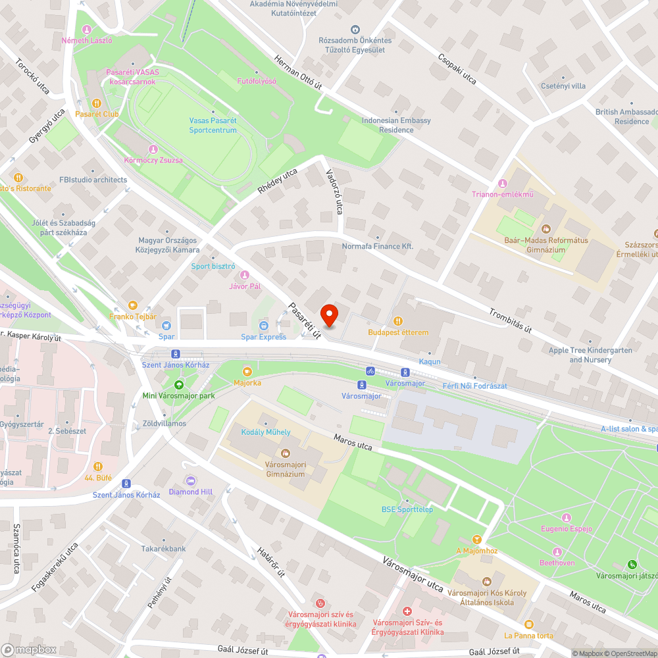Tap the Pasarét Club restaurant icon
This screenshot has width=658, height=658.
(x=97, y=103)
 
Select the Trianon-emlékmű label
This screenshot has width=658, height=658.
(x=503, y=194)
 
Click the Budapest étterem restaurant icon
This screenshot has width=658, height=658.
(x=398, y=321)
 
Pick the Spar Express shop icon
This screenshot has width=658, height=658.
(x=264, y=326)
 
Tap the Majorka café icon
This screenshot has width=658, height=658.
(x=247, y=372)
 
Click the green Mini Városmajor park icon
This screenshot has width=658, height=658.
(x=178, y=385)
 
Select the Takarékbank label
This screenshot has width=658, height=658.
(x=163, y=549)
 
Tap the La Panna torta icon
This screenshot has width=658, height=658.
(x=528, y=624)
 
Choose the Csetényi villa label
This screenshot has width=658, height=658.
(x=563, y=86)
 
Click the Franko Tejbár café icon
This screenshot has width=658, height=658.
(x=133, y=305)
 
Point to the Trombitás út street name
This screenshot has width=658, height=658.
(x=510, y=320)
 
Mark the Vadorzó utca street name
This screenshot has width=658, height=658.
(x=334, y=191)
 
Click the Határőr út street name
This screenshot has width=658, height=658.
(x=270, y=563)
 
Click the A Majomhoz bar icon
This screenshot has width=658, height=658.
(x=478, y=540)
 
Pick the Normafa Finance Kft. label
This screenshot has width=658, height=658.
(x=377, y=246)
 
